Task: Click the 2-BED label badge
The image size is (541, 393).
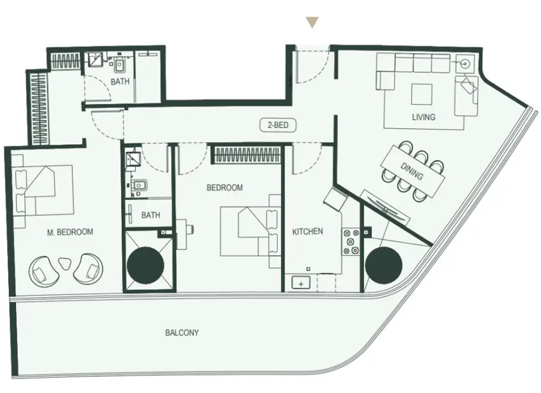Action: pyautogui.click(x=278, y=125)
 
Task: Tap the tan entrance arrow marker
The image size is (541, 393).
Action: pyautogui.click(x=312, y=22)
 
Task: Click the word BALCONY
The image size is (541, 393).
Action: pyautogui.click(x=182, y=333)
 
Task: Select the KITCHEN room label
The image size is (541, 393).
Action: pyautogui.click(x=308, y=231)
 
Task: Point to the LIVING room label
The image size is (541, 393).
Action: pyautogui.click(x=423, y=117)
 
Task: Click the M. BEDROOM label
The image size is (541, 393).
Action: pyautogui.click(x=70, y=232)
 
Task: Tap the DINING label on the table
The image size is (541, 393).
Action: pyautogui.click(x=411, y=171)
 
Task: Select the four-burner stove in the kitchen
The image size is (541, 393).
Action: pyautogui.click(x=351, y=242)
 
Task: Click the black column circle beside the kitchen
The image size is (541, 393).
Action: pyautogui.click(x=384, y=265)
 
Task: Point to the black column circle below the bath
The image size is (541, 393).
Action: pyautogui.click(x=145, y=265)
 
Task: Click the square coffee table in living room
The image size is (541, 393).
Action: pyautogui.click(x=421, y=94)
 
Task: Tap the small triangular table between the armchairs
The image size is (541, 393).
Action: pyautogui.click(x=65, y=264)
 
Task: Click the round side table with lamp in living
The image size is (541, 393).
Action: pyautogui.click(x=466, y=63)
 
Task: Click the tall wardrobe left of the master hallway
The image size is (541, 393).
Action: pyautogui.click(x=38, y=107)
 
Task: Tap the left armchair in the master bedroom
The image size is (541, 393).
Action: pyautogui.click(x=43, y=270)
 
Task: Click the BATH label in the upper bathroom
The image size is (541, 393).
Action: pyautogui.click(x=120, y=81)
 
